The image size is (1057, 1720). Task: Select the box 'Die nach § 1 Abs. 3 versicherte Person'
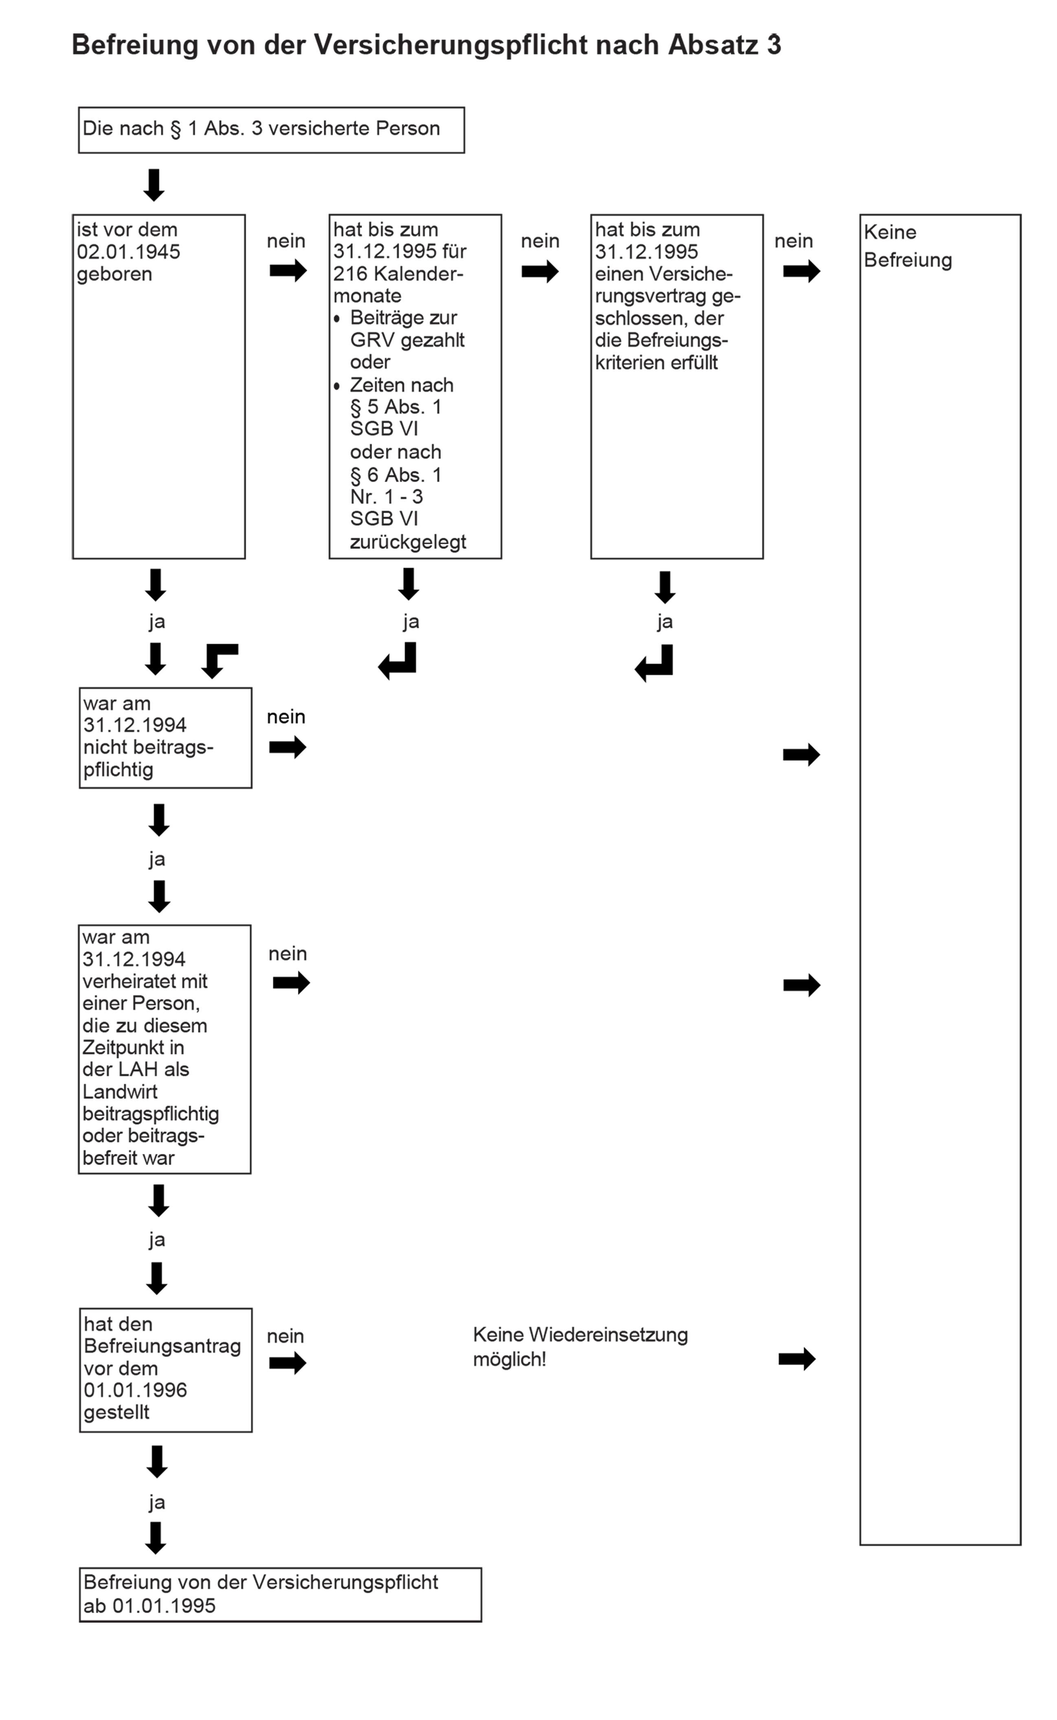point(271,130)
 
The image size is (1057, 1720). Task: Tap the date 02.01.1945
point(129,252)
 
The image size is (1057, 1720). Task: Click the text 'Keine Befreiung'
point(908,246)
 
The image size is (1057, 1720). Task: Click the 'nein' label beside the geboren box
point(286,241)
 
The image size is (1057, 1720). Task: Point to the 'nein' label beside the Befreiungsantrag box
point(285,1336)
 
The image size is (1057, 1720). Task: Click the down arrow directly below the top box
point(154,185)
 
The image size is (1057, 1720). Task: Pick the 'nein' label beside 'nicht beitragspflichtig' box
point(286,717)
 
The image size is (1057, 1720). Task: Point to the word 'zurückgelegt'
point(408,543)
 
